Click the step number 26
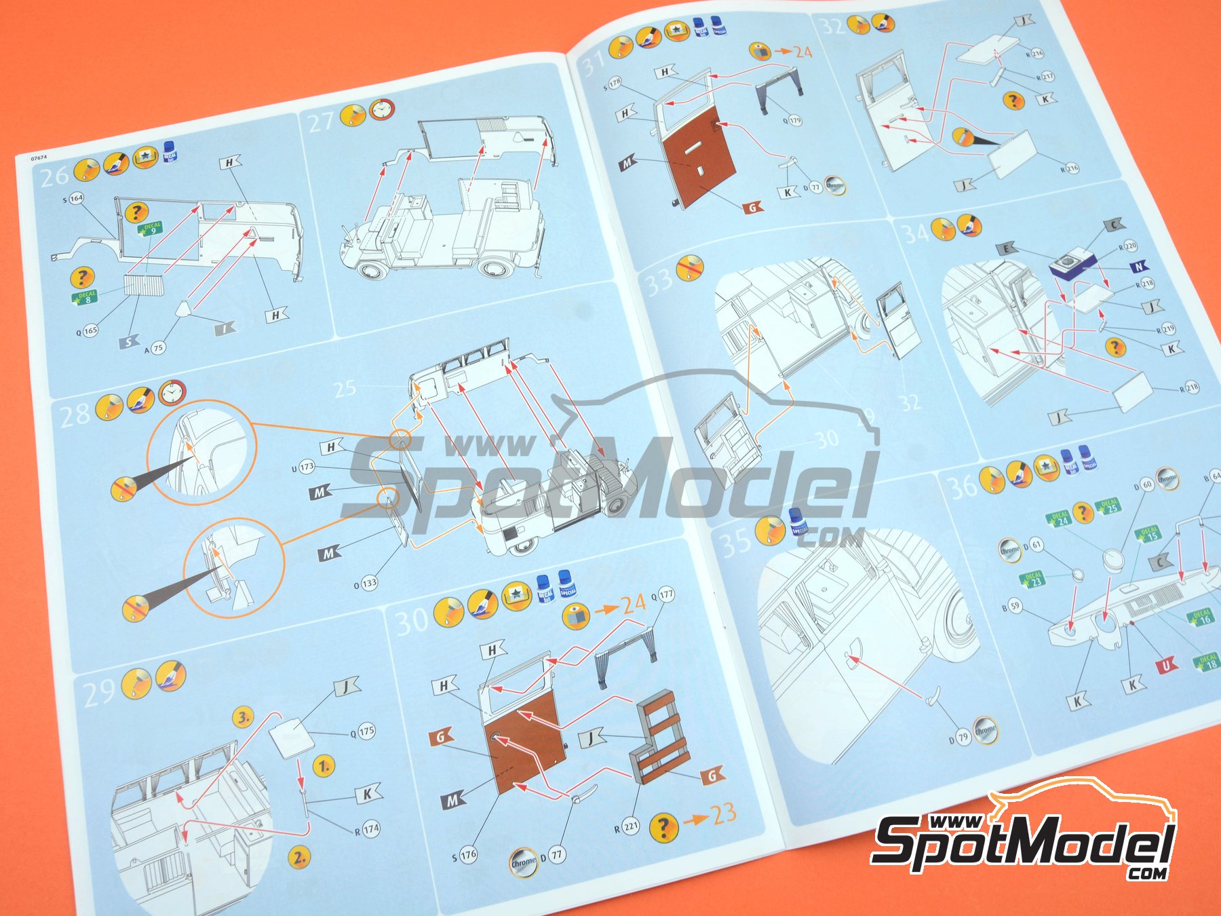pyautogui.click(x=55, y=176)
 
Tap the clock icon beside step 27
pyautogui.click(x=382, y=109)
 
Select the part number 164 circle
pyautogui.click(x=76, y=199)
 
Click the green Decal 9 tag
pyautogui.click(x=151, y=229)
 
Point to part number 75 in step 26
pyautogui.click(x=158, y=348)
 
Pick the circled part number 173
pyautogui.click(x=307, y=467)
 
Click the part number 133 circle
pyautogui.click(x=369, y=583)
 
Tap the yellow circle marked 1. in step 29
pyautogui.click(x=325, y=766)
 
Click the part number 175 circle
pyautogui.click(x=366, y=731)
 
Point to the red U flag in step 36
pyautogui.click(x=1166, y=665)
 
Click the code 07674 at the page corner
pyautogui.click(x=39, y=157)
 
